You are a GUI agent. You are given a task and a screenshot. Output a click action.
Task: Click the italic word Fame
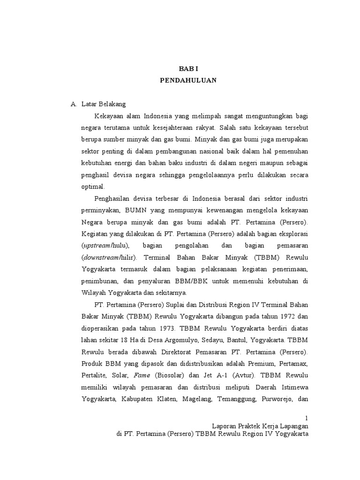(142, 375)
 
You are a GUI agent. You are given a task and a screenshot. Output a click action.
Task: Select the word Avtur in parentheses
(227, 375)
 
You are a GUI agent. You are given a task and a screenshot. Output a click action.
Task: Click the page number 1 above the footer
(306, 418)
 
